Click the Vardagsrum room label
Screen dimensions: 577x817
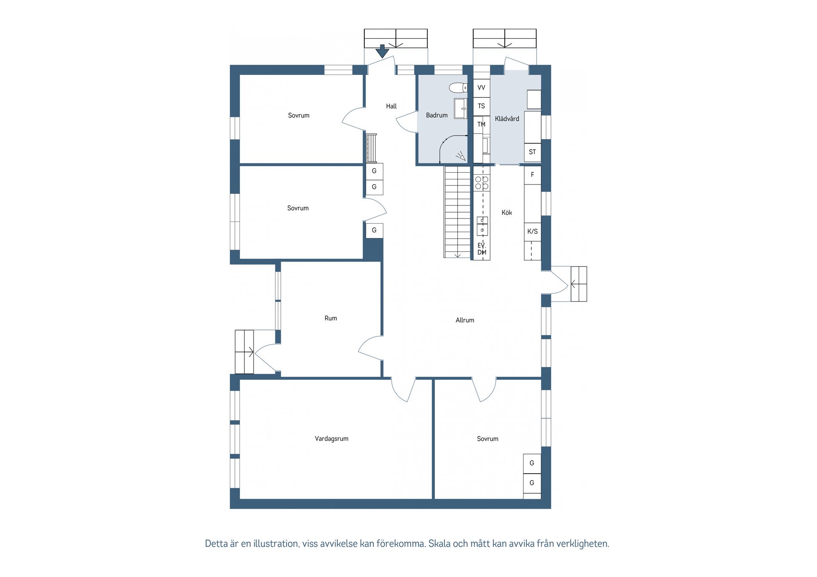tap(331, 438)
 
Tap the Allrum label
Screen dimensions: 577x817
tap(465, 320)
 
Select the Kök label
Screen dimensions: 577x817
tap(506, 212)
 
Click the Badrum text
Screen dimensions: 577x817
tap(437, 115)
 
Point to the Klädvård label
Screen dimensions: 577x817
tap(507, 119)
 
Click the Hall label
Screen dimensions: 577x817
tap(391, 106)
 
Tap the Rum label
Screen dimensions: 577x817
tap(331, 318)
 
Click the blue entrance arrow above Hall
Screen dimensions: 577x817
tap(383, 51)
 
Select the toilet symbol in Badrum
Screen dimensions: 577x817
tap(458, 88)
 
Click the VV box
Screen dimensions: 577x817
tap(481, 88)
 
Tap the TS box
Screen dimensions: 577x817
tap(481, 106)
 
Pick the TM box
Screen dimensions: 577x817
tap(481, 124)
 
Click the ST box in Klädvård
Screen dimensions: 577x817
tap(532, 152)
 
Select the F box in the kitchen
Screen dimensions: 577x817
tap(532, 175)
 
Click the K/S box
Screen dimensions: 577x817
tap(532, 231)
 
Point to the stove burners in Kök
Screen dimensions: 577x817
tap(482, 183)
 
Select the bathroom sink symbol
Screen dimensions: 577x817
tap(460, 108)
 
